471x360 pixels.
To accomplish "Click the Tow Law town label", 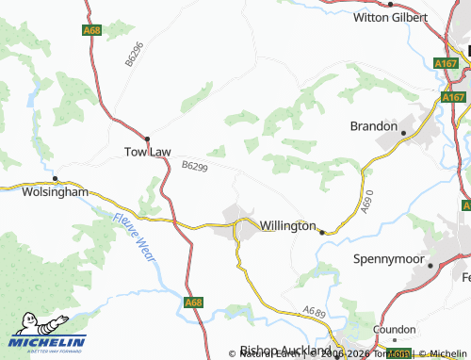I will pos(147,151).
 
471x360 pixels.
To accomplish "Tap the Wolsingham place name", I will pos(54,191).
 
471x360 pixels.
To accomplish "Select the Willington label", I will pos(287,226).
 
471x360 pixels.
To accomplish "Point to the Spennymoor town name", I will pos(385,258).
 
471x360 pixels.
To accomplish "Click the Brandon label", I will pos(373,125).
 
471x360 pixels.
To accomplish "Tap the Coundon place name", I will pos(394,331).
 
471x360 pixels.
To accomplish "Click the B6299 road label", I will pos(194,166).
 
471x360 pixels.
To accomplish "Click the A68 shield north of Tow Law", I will pos(91,31).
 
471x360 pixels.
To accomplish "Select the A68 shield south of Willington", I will pos(193,303).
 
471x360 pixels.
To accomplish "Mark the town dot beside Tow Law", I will pos(147,138).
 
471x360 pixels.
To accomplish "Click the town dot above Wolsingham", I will pos(55,178).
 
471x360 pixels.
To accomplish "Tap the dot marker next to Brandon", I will pos(403,133).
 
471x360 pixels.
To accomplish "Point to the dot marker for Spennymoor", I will pos(430,266).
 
